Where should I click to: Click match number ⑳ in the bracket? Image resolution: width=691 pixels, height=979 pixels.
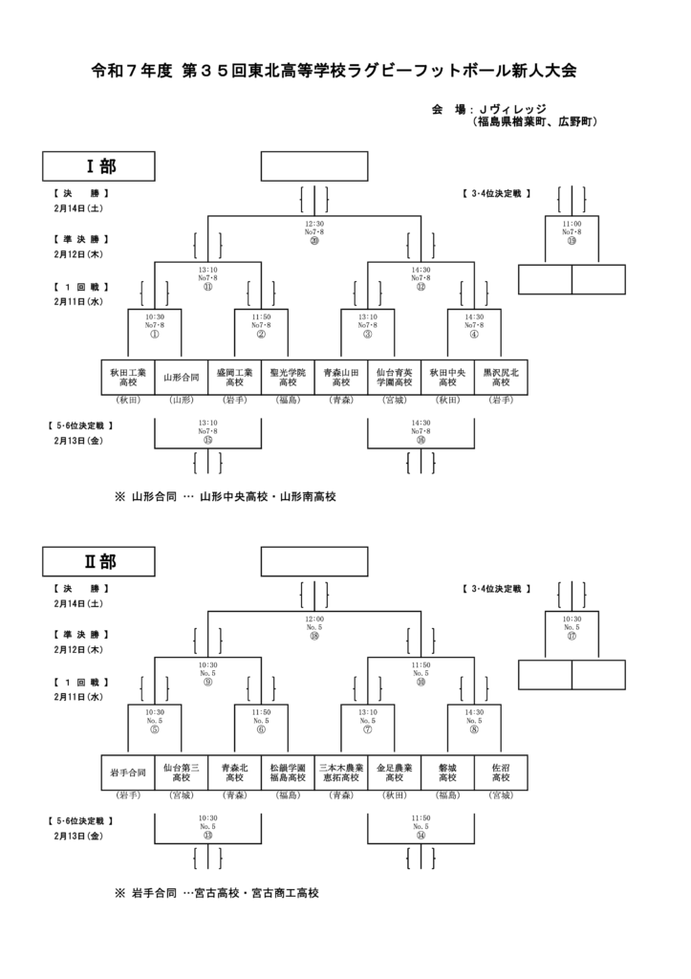click(314, 241)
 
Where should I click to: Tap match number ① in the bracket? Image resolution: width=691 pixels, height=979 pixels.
click(154, 334)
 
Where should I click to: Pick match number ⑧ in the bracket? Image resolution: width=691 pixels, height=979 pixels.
click(474, 729)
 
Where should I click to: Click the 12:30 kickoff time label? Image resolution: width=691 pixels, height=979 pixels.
click(314, 223)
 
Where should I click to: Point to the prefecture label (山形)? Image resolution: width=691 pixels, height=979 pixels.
click(181, 400)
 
